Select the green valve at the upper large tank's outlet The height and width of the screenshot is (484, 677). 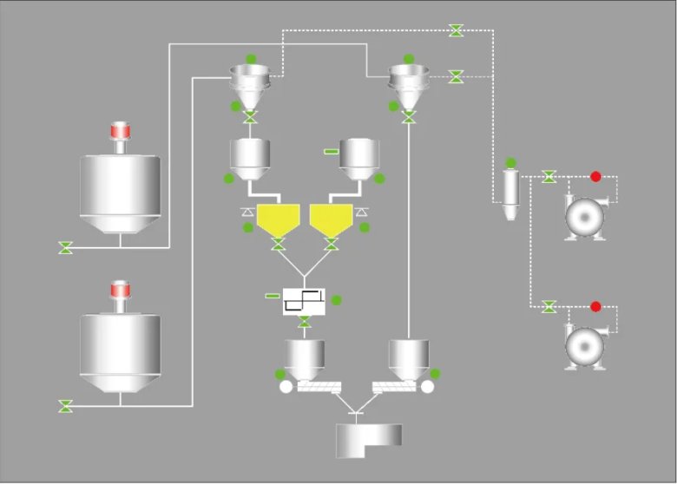click(65, 248)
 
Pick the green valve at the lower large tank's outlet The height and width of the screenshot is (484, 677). click(65, 405)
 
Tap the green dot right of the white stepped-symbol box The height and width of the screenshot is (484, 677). click(337, 300)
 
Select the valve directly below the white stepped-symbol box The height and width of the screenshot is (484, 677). click(304, 324)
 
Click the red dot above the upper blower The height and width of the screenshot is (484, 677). click(595, 177)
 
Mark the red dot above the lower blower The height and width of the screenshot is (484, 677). click(595, 306)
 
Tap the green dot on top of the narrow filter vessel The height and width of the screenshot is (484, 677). click(511, 162)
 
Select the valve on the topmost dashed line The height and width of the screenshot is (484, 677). click(457, 30)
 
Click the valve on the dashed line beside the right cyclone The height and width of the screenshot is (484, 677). click(456, 76)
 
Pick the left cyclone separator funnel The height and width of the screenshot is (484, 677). click(250, 82)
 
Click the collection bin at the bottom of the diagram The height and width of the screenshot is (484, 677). click(369, 440)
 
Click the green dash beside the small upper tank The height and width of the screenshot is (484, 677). click(331, 152)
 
